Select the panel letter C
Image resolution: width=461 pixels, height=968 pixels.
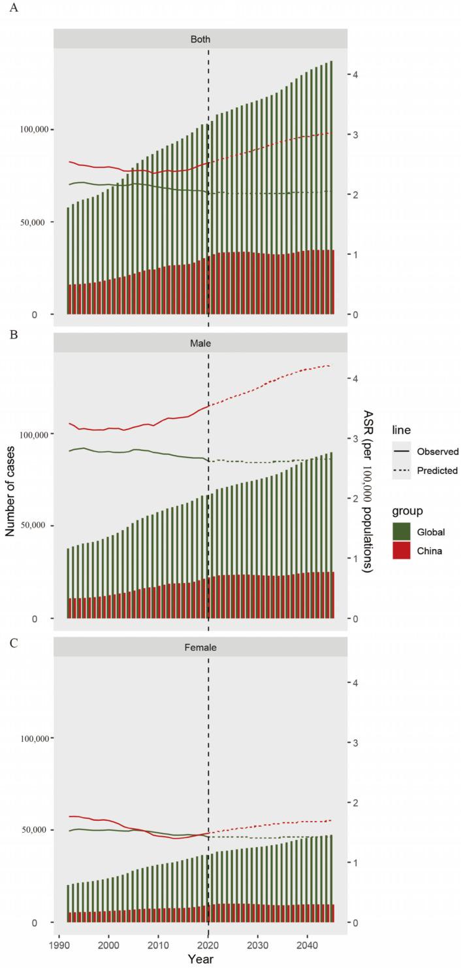pos(7,641)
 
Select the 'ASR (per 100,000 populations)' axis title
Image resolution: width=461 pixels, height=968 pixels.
pos(368,492)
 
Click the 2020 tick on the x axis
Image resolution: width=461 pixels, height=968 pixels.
pos(208,944)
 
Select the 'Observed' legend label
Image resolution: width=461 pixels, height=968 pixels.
pos(437,451)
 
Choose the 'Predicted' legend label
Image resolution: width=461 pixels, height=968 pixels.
pos(437,470)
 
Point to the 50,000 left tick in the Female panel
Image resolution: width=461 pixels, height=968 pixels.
pos(39,829)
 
